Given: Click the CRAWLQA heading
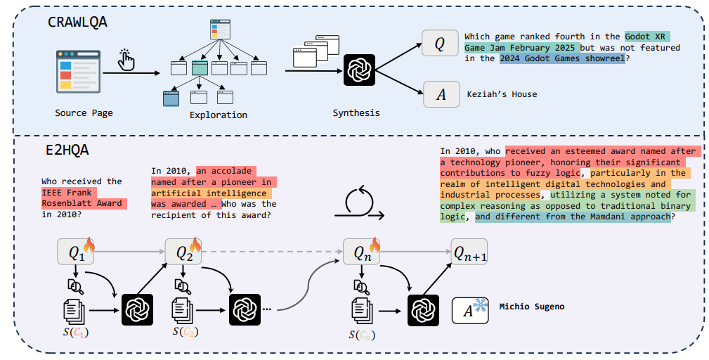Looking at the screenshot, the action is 77,22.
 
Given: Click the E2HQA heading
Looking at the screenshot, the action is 68,150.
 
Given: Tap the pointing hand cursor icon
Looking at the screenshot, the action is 126,60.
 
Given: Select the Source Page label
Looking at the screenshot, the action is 84,112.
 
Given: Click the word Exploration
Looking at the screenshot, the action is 219,115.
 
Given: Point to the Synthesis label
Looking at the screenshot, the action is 356,112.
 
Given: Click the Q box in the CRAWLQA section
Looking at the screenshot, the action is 440,43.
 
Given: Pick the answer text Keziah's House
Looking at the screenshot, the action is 502,94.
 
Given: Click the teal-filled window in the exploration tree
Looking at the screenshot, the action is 200,67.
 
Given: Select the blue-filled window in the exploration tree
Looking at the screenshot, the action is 171,98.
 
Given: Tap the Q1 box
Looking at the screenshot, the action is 74,252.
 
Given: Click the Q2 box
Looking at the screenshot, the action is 183,252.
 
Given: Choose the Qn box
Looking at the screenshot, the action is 361,252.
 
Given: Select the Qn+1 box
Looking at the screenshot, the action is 469,252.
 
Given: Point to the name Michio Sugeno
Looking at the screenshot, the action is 532,307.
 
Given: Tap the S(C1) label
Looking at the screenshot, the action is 75,333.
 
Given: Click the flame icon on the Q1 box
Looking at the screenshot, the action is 89,245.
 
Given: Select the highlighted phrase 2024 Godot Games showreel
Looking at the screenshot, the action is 562,58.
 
